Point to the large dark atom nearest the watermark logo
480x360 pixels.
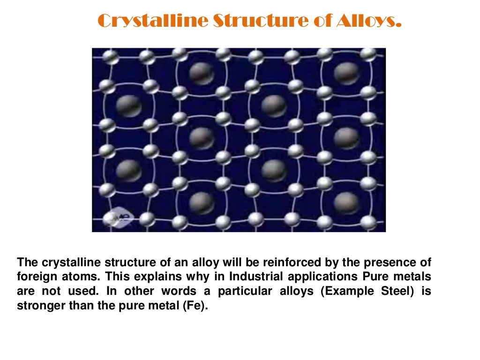pyautogui.click(x=128, y=170)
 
